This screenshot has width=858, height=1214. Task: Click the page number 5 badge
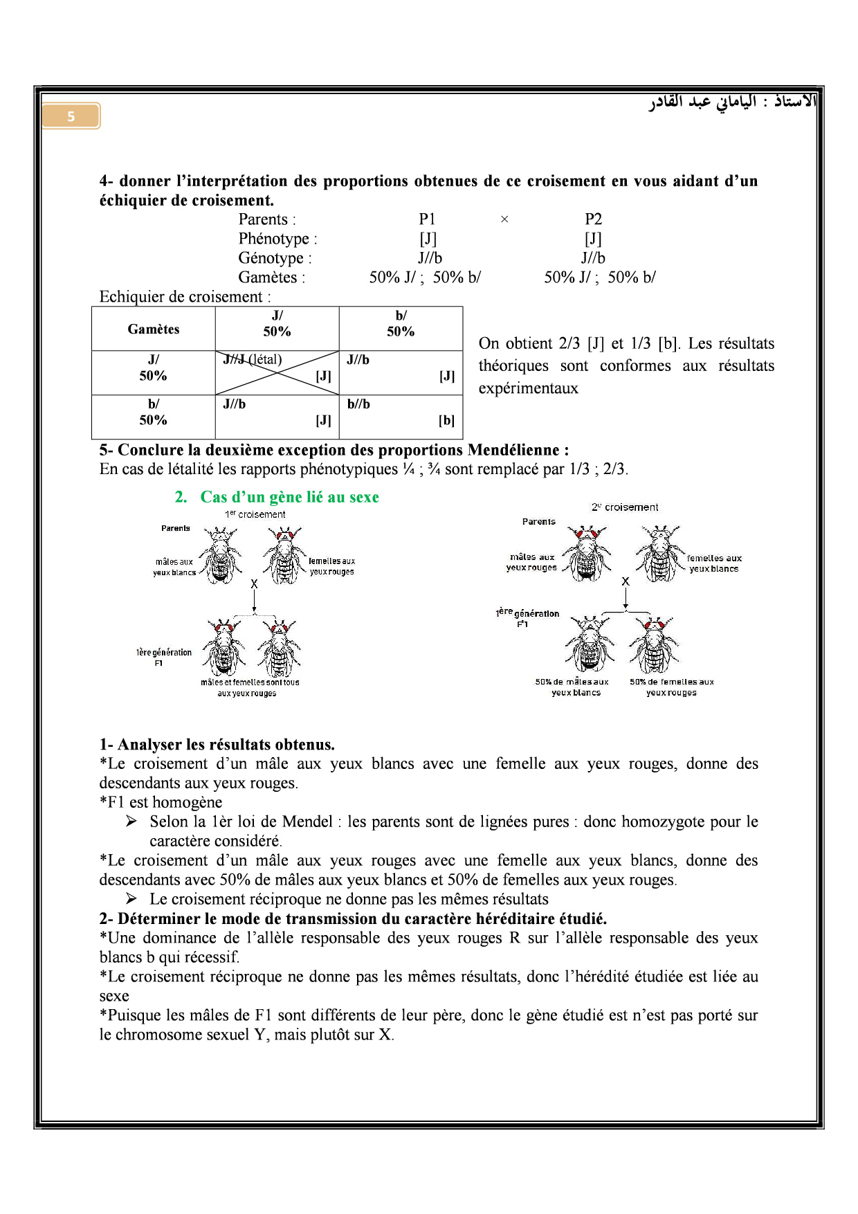[x=71, y=116]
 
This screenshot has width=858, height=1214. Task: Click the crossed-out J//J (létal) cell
[x=277, y=372]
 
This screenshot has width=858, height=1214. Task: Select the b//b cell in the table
[x=401, y=417]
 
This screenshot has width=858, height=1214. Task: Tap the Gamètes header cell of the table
[x=153, y=329]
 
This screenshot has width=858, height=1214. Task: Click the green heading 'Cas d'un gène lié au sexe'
[x=289, y=497]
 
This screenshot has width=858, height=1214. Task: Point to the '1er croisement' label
[x=255, y=514]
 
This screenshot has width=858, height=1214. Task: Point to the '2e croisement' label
[x=624, y=507]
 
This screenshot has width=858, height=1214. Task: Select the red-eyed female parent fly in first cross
[x=284, y=555]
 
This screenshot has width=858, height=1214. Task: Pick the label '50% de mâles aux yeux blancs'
[x=572, y=687]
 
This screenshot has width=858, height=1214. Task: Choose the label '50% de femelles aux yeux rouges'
[x=671, y=687]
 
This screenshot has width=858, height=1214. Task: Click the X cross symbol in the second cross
[x=626, y=581]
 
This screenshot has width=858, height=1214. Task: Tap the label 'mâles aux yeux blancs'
[x=174, y=567]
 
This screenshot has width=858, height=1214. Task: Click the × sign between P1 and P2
[x=504, y=219]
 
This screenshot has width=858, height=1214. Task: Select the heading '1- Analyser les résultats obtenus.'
[x=217, y=745]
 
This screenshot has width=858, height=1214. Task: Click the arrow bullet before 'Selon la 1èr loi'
[x=131, y=822]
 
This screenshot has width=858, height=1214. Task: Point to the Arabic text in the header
[x=732, y=102]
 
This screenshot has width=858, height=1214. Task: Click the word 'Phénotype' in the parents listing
[x=274, y=239]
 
